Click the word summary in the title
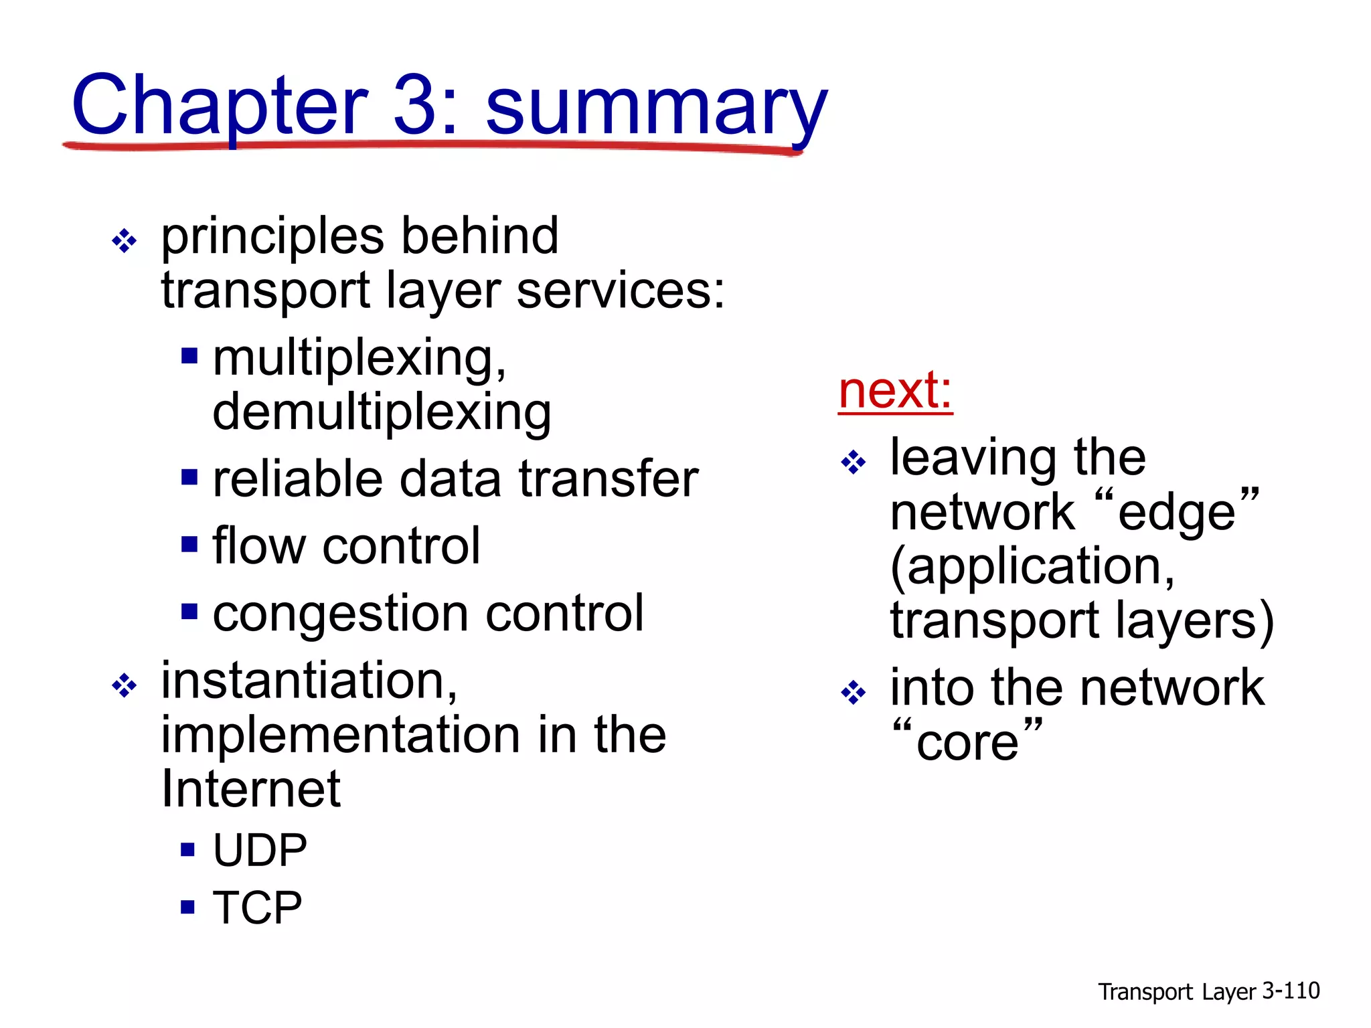coord(656,107)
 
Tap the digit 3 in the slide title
coord(415,105)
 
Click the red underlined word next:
coord(895,391)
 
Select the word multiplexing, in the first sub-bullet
coord(359,359)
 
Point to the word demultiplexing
coord(382,413)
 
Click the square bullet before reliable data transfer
coord(189,477)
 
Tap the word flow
coord(259,546)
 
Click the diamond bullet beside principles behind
coord(125,240)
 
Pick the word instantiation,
coord(309,681)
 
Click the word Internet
coord(251,790)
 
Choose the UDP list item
coord(260,851)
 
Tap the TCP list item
coord(258,908)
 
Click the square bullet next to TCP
coord(188,908)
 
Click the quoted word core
coord(967,743)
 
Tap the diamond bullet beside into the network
coord(854,693)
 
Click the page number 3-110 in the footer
coord(1291,991)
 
